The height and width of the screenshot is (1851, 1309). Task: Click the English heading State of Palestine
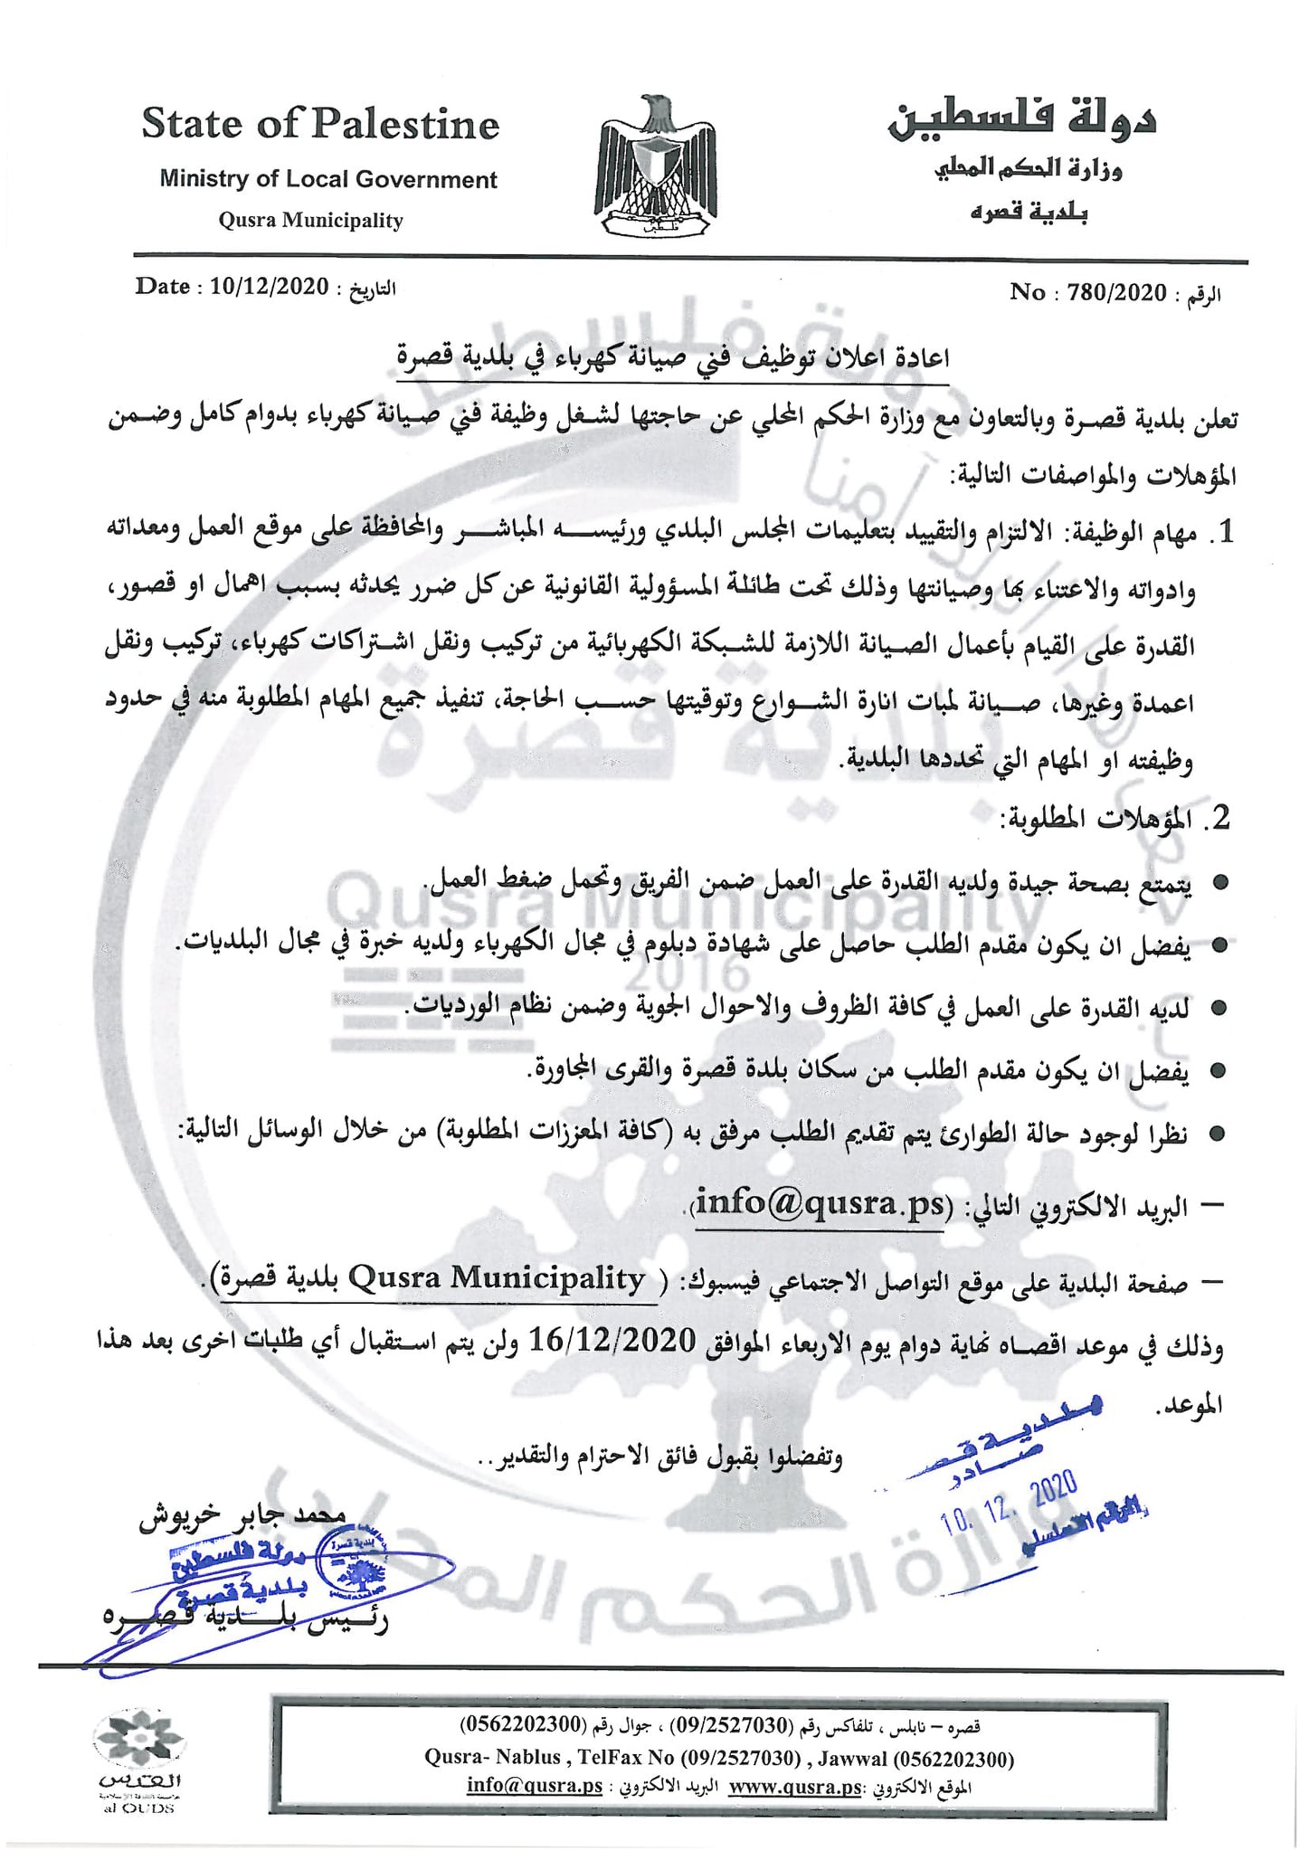pos(320,125)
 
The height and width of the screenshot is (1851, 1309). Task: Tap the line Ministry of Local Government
pos(328,179)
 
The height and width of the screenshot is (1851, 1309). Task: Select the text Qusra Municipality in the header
pos(310,220)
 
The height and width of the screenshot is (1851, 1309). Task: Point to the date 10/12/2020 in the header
pos(269,287)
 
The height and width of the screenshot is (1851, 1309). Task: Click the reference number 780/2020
pos(1116,291)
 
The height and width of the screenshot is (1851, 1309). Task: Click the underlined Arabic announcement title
pos(673,358)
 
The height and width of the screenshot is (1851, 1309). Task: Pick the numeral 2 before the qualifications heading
pos(1220,818)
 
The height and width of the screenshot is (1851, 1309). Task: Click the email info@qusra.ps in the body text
pos(822,1205)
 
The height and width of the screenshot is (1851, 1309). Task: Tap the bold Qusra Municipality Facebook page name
pos(496,1277)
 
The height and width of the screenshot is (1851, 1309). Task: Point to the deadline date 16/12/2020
pos(612,1339)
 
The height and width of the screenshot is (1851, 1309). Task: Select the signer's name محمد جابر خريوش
pos(242,1517)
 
